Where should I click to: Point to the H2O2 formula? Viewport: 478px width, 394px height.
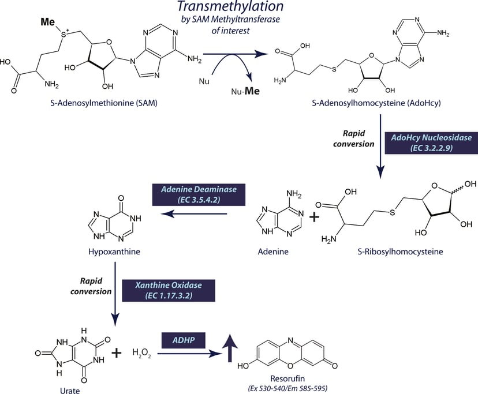[x=143, y=352]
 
